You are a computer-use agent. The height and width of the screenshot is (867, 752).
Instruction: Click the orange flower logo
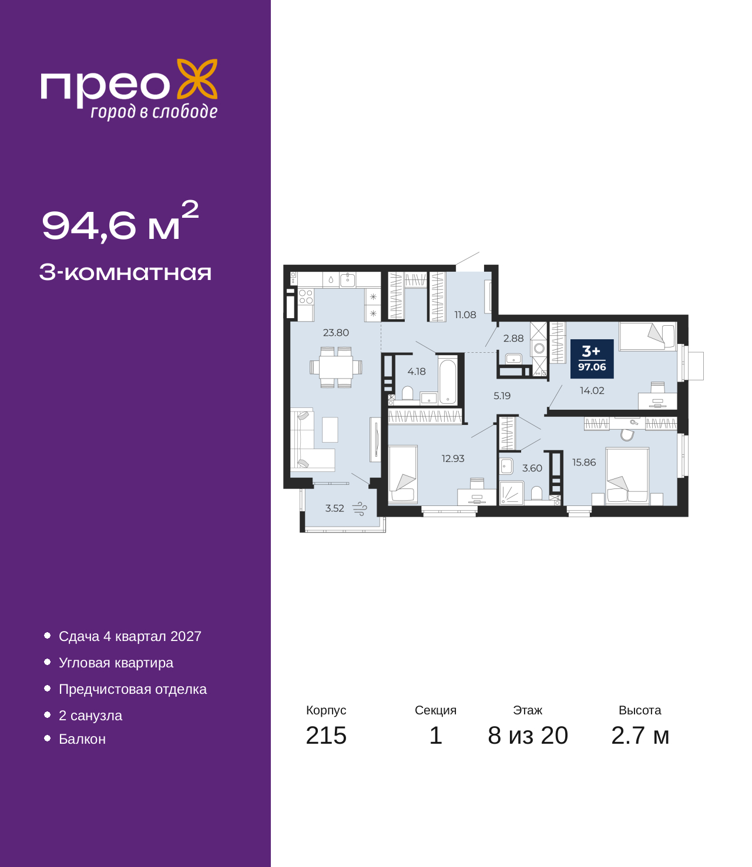point(197,79)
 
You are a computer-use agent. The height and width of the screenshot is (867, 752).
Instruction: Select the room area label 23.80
point(336,333)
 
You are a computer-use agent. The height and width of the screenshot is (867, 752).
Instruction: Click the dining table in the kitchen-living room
point(336,367)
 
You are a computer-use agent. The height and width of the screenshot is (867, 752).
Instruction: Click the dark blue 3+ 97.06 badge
point(592,359)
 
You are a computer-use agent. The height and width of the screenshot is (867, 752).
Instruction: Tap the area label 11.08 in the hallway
point(465,315)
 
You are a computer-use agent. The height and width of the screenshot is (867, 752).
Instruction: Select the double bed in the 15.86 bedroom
point(627,475)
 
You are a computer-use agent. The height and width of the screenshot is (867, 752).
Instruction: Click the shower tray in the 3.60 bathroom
point(512,492)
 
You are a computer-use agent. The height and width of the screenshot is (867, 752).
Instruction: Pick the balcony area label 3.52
point(335,508)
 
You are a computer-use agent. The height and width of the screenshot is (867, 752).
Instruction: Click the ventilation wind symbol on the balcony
point(360,508)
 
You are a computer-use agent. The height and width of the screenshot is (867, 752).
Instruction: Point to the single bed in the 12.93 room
point(403,474)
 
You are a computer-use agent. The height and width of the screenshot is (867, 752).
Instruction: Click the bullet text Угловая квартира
point(116,662)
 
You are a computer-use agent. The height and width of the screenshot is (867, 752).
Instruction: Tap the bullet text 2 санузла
point(90,715)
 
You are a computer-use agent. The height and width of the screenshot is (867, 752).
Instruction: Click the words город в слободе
point(154,112)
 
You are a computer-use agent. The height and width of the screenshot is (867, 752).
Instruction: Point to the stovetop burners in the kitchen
point(305,296)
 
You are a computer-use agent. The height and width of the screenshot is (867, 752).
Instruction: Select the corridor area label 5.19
point(502,396)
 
